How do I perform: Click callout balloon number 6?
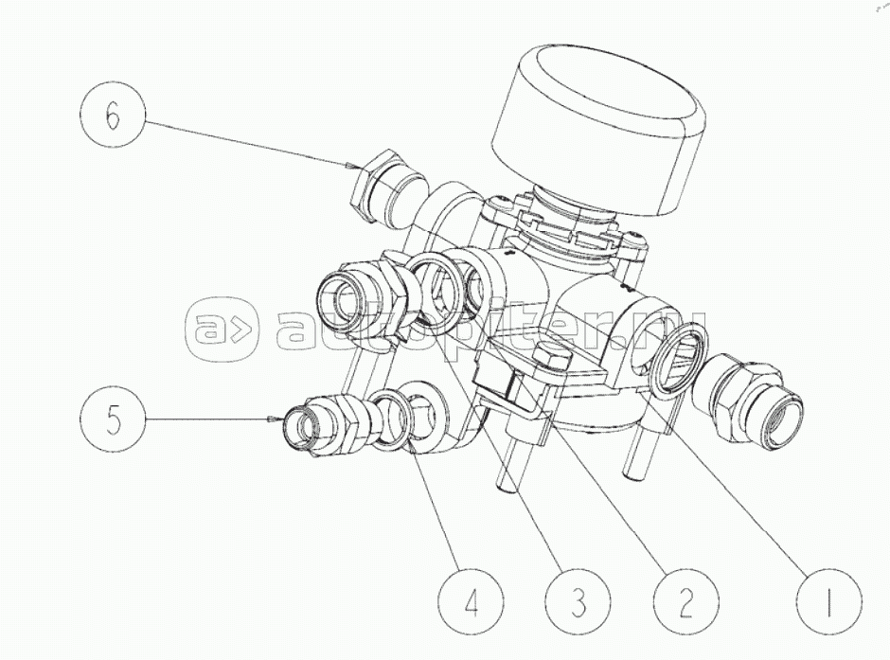(x=113, y=116)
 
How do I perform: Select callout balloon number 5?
(x=113, y=420)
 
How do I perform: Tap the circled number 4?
(x=472, y=603)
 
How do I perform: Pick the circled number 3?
(x=578, y=603)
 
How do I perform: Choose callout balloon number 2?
(x=685, y=603)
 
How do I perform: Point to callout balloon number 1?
(x=828, y=603)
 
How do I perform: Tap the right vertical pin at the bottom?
(x=634, y=453)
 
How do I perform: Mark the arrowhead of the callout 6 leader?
(x=347, y=166)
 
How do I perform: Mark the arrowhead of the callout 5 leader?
(x=272, y=419)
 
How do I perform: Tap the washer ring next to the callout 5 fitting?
(x=392, y=419)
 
